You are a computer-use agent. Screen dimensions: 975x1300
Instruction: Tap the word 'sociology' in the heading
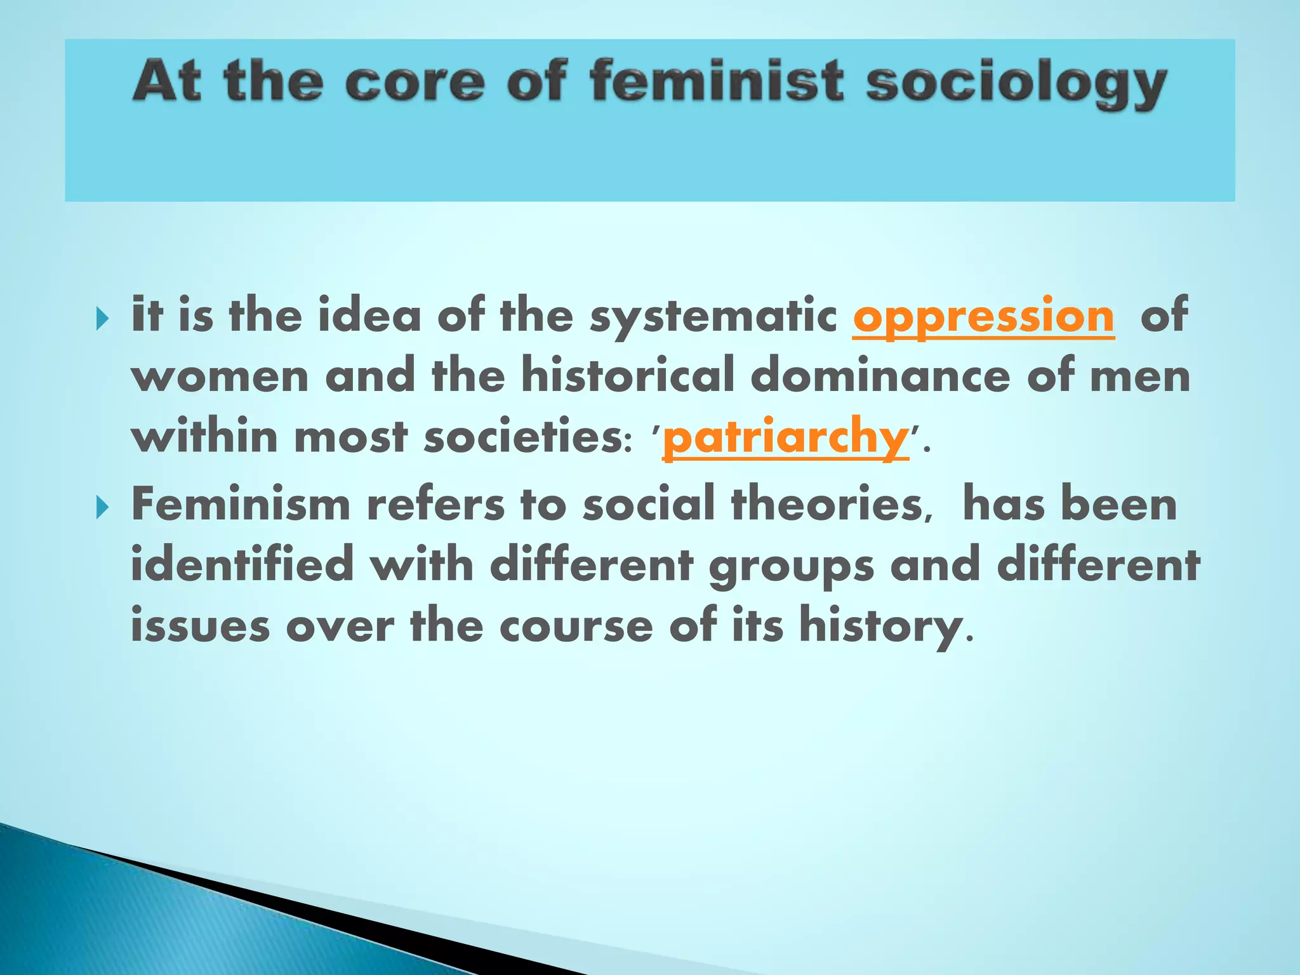[x=1016, y=86]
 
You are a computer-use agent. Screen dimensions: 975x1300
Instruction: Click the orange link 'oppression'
[x=983, y=317]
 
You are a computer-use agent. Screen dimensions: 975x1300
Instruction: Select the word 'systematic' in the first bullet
[x=713, y=317]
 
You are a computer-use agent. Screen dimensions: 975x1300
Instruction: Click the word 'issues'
[x=200, y=626]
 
